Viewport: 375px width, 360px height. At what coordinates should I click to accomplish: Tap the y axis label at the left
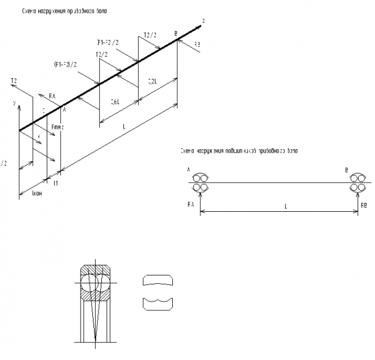13,104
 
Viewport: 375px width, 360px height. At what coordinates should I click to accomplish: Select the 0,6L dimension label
114,102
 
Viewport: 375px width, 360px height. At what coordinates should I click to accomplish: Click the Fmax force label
57,127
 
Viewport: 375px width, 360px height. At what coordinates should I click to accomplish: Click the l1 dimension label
55,183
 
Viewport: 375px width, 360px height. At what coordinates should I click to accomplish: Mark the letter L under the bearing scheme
285,206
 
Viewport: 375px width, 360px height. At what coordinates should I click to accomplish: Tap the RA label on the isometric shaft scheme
52,96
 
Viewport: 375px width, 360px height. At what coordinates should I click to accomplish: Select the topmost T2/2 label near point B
150,35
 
